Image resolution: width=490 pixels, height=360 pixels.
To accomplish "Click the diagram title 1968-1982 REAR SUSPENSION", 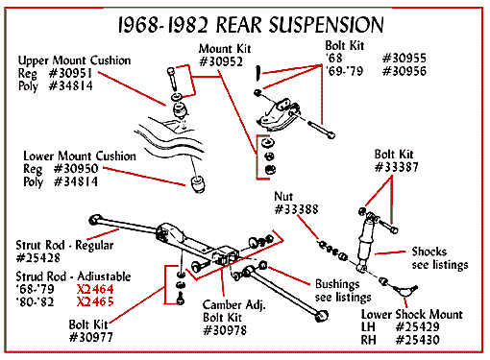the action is click(x=251, y=25).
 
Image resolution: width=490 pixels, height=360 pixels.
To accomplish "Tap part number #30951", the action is click(x=70, y=73).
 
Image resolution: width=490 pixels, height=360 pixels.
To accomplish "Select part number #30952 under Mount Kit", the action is click(x=221, y=61).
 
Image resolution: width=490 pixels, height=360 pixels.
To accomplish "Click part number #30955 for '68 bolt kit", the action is click(x=404, y=59).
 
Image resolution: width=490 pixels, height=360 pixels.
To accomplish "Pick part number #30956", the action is click(x=404, y=71).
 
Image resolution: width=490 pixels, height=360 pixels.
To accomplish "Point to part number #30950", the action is click(x=76, y=169).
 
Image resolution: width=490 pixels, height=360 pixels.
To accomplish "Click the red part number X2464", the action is click(x=95, y=289).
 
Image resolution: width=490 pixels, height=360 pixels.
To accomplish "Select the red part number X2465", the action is click(x=95, y=301).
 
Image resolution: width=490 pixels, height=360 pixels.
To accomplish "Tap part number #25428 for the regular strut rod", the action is click(x=38, y=257).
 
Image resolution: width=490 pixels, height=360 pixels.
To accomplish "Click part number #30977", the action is click(x=91, y=337).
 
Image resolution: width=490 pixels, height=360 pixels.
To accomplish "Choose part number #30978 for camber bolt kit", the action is click(x=225, y=330).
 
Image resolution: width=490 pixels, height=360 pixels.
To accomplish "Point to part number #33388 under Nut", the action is click(x=297, y=209).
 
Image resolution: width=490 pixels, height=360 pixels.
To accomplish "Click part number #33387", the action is click(x=397, y=167).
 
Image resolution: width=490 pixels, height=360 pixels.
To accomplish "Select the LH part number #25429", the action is click(x=418, y=326).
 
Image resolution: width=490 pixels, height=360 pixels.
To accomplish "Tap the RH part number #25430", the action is click(x=418, y=340).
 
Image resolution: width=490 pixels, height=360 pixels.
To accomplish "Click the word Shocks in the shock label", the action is click(x=429, y=252).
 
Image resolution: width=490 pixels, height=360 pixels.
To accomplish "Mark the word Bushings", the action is click(x=337, y=284).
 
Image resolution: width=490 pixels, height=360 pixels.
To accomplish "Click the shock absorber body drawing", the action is click(x=365, y=243).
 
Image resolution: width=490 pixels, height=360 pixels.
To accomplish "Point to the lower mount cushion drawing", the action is click(x=198, y=184).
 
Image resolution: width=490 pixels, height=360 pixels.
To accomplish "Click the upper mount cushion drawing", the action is click(x=181, y=109).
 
